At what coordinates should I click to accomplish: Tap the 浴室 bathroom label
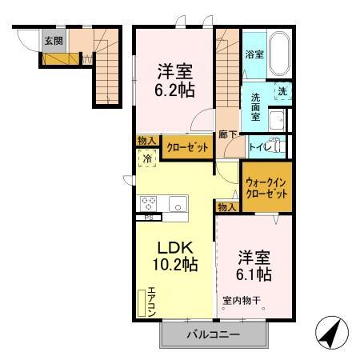[x=254, y=55]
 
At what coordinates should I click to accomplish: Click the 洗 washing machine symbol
[x=282, y=92]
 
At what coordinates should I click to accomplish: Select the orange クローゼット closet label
[x=188, y=148]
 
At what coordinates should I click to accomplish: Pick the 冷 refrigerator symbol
[x=147, y=159]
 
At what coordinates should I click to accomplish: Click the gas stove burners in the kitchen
[x=150, y=202]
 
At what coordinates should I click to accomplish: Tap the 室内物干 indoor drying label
[x=242, y=302]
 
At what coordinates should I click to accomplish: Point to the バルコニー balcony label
[x=214, y=334]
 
